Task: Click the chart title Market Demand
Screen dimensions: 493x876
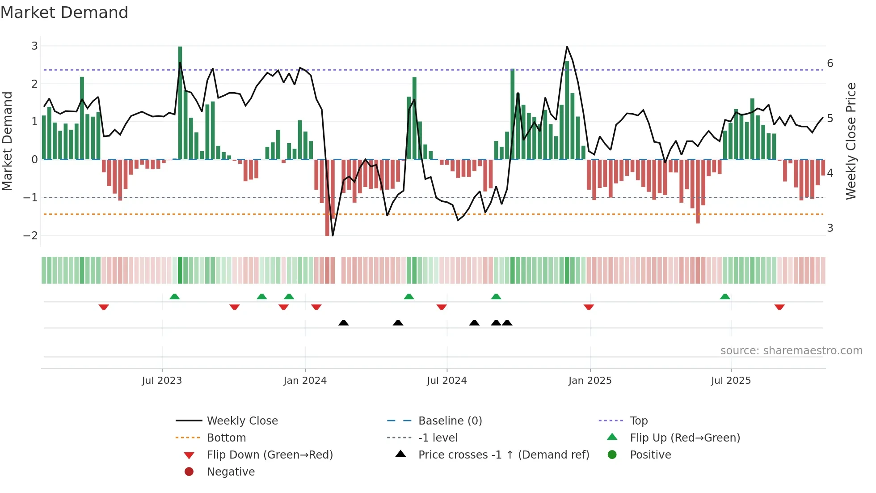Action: click(64, 13)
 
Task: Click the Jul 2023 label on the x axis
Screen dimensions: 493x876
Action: click(162, 381)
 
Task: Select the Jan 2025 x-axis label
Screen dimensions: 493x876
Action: click(590, 381)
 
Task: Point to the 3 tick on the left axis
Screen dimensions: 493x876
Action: click(34, 46)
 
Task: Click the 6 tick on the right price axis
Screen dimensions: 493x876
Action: click(830, 63)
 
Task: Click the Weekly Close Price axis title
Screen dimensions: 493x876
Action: click(851, 141)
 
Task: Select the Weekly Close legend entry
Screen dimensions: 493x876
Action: click(242, 421)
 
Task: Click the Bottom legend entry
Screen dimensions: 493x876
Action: click(226, 438)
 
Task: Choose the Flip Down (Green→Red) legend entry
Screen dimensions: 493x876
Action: click(270, 455)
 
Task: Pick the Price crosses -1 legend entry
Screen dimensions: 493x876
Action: click(503, 455)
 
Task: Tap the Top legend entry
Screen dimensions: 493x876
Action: click(639, 421)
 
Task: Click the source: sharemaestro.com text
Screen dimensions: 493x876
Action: click(791, 351)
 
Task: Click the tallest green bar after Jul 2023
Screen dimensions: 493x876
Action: click(180, 103)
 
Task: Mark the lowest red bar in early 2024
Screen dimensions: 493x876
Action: click(327, 198)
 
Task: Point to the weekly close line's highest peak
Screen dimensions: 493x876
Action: click(567, 47)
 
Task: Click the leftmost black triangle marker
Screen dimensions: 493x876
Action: click(343, 323)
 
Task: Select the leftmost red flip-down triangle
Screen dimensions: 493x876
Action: click(104, 307)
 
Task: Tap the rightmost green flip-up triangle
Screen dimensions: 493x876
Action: click(725, 297)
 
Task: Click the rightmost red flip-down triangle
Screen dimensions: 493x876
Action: click(779, 307)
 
